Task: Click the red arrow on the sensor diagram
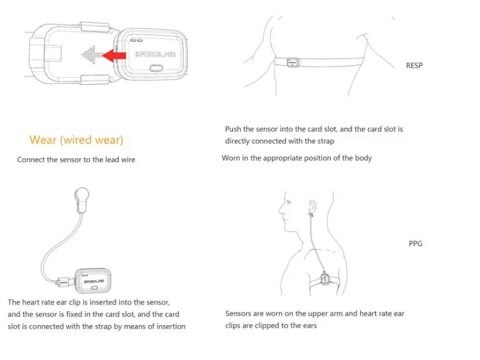[x=114, y=55]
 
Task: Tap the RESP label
[x=414, y=66]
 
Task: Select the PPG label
[x=415, y=243]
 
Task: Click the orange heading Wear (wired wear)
[x=76, y=140]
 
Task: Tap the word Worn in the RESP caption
[x=231, y=158]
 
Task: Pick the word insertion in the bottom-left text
[x=168, y=326]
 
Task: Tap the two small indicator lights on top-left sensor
[x=139, y=41]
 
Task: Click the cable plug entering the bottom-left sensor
[x=63, y=283]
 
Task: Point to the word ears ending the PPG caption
[x=308, y=326]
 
